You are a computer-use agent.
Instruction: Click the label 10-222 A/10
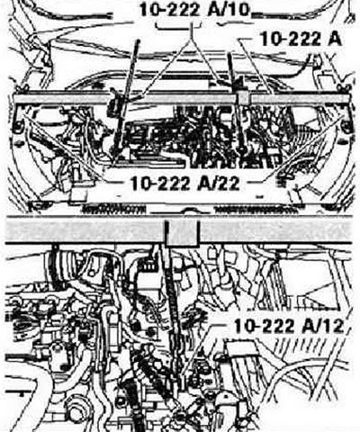tap(194, 10)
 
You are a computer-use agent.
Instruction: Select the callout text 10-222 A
tap(301, 39)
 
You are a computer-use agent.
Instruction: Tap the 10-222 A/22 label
tap(185, 183)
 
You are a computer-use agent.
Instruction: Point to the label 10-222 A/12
tap(289, 326)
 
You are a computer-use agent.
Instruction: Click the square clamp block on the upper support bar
tap(243, 98)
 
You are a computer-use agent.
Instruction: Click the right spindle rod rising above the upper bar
tap(231, 72)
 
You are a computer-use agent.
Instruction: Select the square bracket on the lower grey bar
tap(181, 232)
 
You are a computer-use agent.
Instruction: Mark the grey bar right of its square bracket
tap(275, 229)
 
